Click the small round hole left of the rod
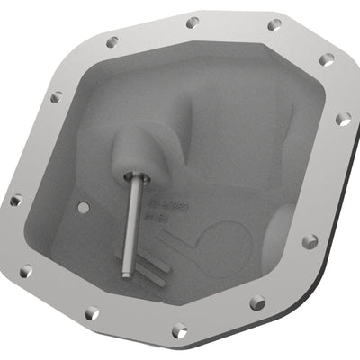coord(84,207)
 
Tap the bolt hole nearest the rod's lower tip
coord(92,312)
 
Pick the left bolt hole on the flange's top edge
coord(192,22)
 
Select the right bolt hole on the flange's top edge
coord(274,24)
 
